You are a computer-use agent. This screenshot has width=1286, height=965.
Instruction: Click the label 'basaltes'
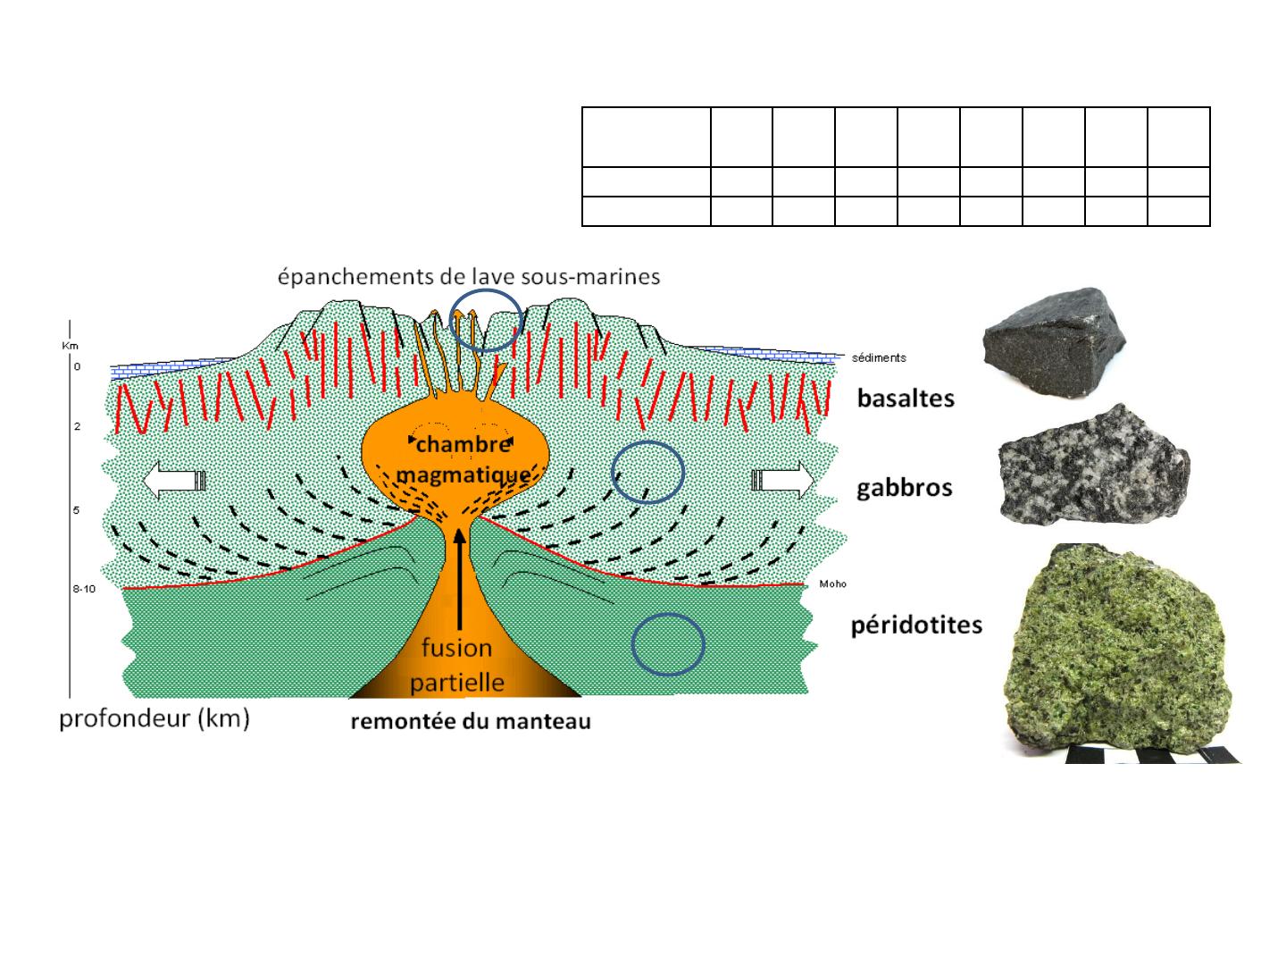[x=906, y=399]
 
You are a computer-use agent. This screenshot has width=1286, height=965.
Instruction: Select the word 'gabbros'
[x=904, y=488]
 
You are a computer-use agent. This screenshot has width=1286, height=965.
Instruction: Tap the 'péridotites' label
[x=916, y=625]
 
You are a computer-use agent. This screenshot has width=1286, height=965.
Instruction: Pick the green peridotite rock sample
[x=1116, y=650]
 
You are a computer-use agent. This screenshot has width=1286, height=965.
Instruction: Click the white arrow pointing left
[x=174, y=480]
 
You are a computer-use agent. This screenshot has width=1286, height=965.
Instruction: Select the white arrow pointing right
[x=782, y=480]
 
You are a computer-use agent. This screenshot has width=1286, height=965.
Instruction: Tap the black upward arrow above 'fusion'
[x=460, y=579]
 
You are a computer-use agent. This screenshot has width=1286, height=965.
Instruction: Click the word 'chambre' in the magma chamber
[x=463, y=444]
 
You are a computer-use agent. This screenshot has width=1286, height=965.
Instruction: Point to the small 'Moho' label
[x=832, y=583]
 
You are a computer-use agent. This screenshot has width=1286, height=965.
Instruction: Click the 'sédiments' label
[x=879, y=357]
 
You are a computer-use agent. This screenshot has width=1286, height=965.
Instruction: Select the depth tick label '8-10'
[x=84, y=588]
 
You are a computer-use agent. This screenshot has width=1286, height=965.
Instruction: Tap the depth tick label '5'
[x=76, y=509]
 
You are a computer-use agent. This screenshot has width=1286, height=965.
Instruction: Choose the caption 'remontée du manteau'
[x=471, y=721]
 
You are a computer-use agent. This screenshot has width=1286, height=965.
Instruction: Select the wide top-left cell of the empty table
[x=647, y=137]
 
